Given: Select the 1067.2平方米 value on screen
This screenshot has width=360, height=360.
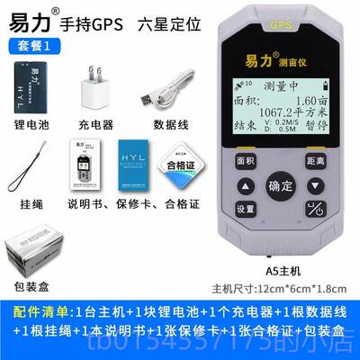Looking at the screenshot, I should click(288, 114).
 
